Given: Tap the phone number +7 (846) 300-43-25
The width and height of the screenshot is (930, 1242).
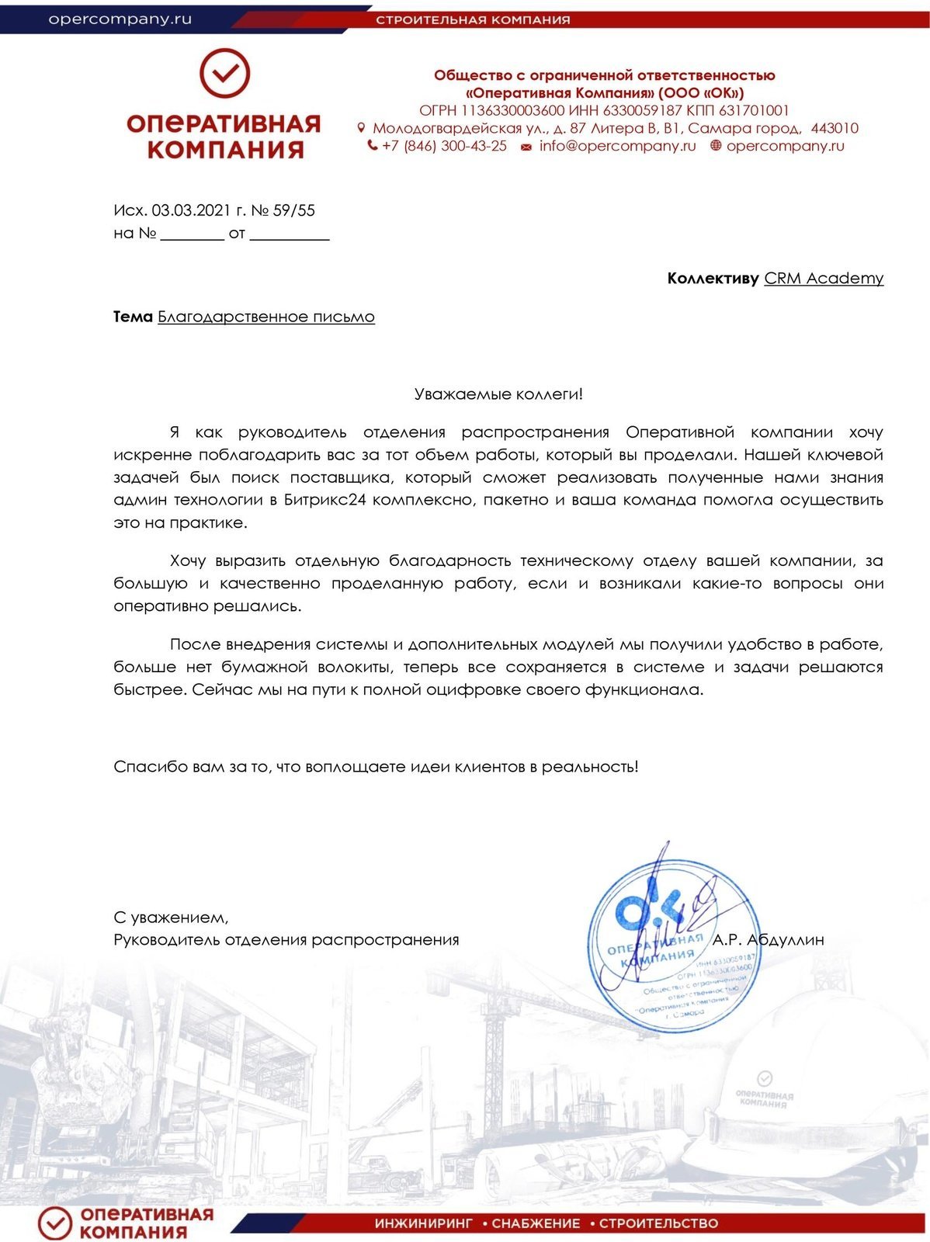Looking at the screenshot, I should [x=444, y=146].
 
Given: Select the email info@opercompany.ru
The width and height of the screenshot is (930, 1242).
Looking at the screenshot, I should [x=617, y=146].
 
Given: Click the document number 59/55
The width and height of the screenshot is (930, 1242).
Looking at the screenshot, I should [x=294, y=210].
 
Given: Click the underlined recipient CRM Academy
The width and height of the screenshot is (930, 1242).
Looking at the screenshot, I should [x=824, y=278].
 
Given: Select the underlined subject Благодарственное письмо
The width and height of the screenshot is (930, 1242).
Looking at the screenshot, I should [x=266, y=317].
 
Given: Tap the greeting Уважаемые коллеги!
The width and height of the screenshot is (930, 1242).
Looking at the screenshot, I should [x=498, y=394].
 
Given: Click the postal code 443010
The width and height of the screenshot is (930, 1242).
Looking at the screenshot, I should [x=834, y=128].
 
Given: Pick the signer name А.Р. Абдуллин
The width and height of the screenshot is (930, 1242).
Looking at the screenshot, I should [x=769, y=940].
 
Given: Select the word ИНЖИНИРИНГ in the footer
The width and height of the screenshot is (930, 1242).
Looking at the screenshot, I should [x=424, y=1223].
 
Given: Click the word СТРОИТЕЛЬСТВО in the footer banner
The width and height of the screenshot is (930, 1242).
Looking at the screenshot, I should [x=658, y=1223].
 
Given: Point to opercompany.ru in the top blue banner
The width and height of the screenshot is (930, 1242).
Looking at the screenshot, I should [x=120, y=19].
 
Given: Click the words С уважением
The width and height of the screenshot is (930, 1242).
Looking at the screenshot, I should [x=171, y=918].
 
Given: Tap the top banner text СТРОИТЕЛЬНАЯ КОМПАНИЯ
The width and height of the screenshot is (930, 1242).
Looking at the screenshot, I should [x=473, y=19].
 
